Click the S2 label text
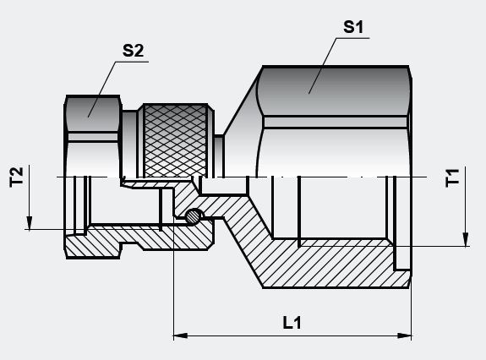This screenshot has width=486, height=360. (134, 51)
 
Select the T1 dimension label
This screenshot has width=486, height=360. (454, 178)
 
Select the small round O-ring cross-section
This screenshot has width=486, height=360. (194, 216)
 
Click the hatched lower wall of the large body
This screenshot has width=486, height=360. (338, 266)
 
